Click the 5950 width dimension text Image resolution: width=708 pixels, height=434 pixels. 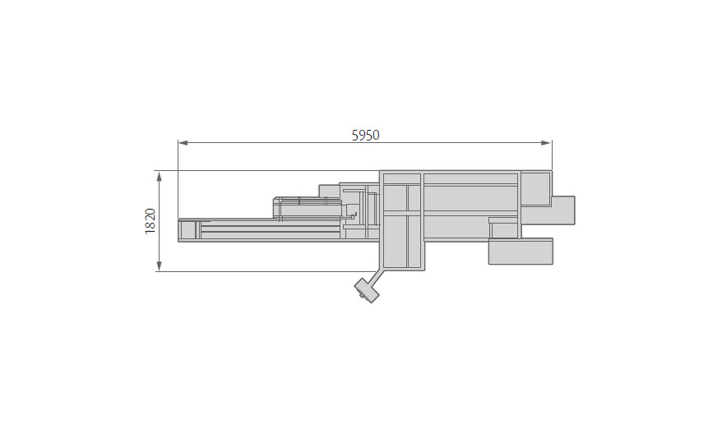click(x=365, y=135)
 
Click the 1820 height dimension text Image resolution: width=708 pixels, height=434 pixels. click(x=150, y=221)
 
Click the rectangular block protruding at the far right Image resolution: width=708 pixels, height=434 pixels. click(x=563, y=210)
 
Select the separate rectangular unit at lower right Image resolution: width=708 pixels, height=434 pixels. click(x=520, y=251)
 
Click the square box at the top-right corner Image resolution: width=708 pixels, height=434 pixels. click(x=535, y=187)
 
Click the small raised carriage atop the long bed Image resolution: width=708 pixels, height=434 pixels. click(x=306, y=208)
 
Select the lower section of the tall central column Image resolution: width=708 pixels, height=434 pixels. click(x=402, y=242)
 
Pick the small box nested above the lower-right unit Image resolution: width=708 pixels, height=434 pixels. click(x=503, y=228)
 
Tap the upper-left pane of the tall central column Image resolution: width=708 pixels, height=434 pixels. click(x=395, y=198)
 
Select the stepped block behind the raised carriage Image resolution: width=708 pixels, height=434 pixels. click(x=329, y=191)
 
